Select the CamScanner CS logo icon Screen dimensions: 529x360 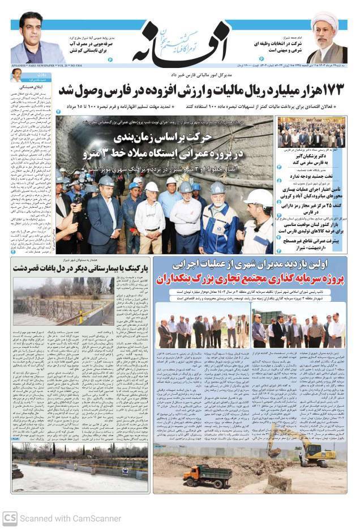pyautogui.click(x=9, y=518)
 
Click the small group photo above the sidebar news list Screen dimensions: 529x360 pyautogui.click(x=311, y=133)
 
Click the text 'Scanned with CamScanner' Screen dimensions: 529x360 pyautogui.click(x=70, y=518)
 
